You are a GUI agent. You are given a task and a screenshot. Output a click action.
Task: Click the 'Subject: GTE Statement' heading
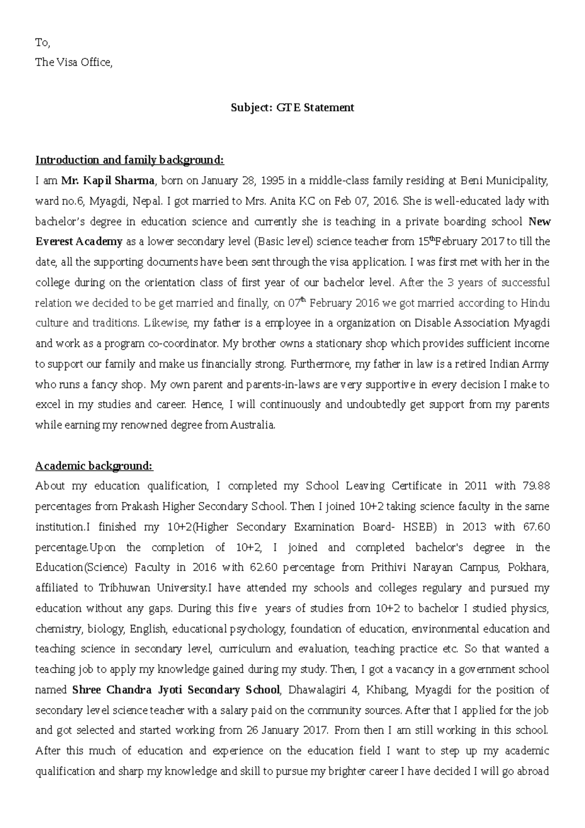point(292,108)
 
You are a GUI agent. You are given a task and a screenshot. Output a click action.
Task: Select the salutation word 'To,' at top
point(42,43)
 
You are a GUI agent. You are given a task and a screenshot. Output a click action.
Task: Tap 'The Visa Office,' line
point(74,62)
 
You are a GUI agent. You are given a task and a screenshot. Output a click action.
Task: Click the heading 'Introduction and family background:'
point(129,160)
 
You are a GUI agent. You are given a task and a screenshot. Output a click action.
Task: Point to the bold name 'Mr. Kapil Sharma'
point(108,181)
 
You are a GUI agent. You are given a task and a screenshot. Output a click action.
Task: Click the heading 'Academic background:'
point(94,466)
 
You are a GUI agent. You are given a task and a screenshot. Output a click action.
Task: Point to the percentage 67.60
point(535,527)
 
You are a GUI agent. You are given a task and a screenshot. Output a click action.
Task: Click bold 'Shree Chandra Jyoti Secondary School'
point(176,690)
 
